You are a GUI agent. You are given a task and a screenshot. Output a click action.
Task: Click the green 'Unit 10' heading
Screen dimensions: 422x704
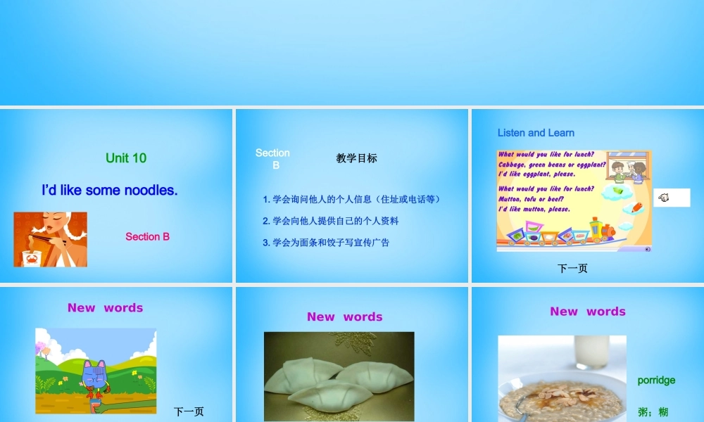click(126, 158)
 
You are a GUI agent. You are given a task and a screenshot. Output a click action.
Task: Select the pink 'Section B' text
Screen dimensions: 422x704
click(147, 236)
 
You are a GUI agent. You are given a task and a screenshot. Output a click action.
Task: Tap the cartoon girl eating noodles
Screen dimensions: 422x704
click(50, 239)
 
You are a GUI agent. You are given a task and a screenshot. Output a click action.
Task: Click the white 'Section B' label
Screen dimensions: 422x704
click(273, 158)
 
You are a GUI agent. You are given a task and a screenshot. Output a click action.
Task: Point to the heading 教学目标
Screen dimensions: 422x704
click(356, 158)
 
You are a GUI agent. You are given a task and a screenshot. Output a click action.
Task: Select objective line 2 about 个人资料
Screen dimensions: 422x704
click(331, 221)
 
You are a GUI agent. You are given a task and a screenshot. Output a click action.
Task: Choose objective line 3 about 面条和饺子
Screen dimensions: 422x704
click(326, 243)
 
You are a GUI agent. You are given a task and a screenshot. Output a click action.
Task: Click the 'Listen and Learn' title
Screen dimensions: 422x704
click(536, 133)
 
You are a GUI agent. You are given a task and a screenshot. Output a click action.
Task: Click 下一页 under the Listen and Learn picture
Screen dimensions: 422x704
click(572, 268)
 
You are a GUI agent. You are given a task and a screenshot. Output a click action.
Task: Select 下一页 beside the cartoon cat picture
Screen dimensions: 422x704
click(189, 411)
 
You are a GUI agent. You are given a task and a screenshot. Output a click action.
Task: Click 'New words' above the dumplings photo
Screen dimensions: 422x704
click(344, 317)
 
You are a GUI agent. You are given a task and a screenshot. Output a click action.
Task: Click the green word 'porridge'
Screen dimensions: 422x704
click(656, 381)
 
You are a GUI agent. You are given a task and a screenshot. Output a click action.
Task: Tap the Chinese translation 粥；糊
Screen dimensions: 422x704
click(653, 412)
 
